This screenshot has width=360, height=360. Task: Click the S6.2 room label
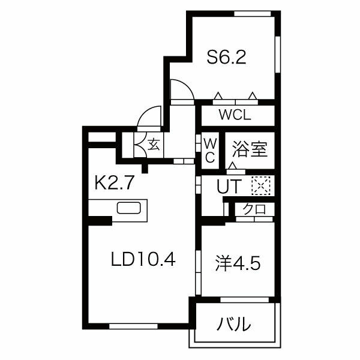[226, 57]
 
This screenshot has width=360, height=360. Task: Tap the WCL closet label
[235, 115]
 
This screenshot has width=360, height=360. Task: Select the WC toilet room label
[210, 151]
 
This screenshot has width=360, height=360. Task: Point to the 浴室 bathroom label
[250, 149]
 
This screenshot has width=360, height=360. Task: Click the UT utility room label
[229, 186]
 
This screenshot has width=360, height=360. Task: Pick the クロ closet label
[254, 209]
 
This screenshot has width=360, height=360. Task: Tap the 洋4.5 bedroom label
[238, 263]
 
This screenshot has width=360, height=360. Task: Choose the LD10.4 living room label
[143, 259]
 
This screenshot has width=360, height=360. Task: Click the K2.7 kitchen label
[114, 182]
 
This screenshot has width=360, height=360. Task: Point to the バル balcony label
[233, 324]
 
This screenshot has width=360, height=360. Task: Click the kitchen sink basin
[128, 208]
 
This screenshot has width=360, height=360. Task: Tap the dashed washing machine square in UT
[260, 186]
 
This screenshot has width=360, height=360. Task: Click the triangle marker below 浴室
[233, 166]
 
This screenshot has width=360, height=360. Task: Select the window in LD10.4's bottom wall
[133, 326]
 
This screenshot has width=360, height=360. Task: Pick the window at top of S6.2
[253, 14]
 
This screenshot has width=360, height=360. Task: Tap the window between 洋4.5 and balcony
[245, 300]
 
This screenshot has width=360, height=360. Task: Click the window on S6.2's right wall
[278, 55]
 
